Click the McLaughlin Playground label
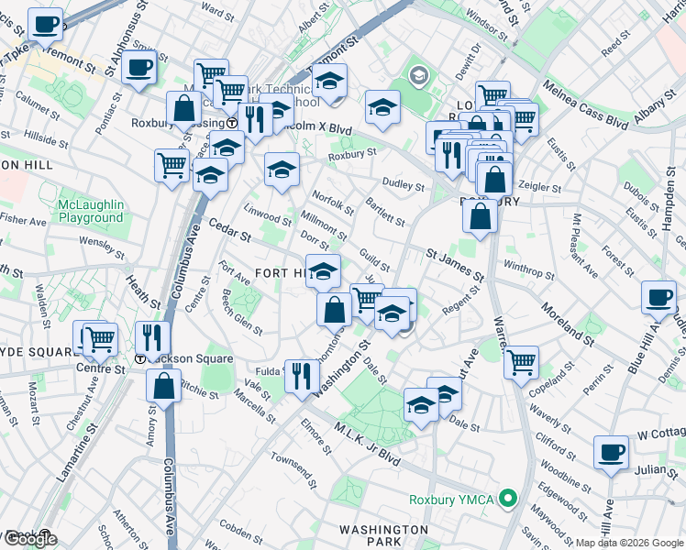coord(90,210)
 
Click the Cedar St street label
coord(229,229)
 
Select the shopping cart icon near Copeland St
coord(521,360)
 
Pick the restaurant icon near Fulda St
coord(301,374)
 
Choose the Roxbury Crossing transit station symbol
coord(233,122)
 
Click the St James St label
coord(454,262)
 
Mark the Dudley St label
coord(404,186)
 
